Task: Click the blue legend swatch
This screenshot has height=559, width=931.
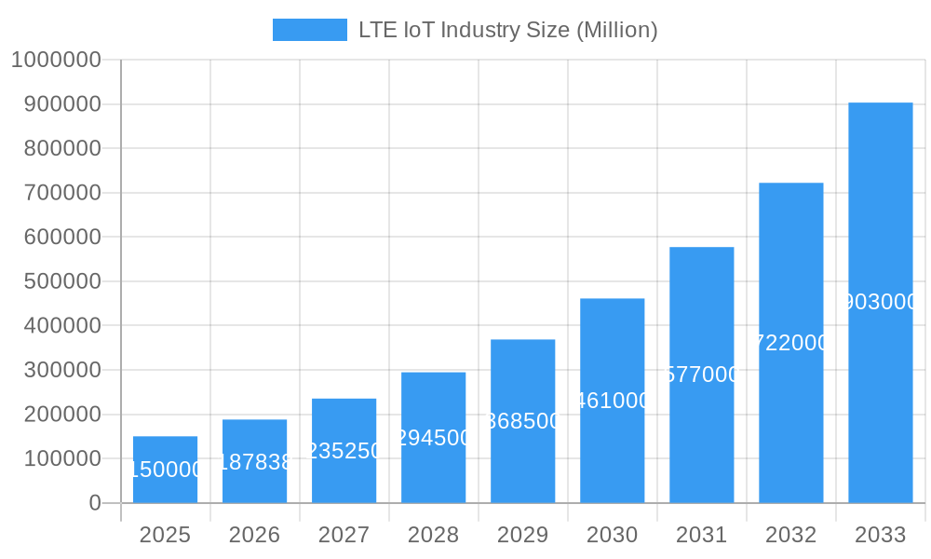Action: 309,30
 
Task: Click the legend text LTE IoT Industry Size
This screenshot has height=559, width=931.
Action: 507,30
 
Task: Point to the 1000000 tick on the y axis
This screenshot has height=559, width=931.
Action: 56,60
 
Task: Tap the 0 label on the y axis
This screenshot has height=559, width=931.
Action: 95,503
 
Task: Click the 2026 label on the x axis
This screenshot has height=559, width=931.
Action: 254,535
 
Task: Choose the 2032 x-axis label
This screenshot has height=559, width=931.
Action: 790,535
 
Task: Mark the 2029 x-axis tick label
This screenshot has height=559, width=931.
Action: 522,535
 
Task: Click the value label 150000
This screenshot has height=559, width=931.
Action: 165,470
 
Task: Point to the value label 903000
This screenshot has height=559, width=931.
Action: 880,302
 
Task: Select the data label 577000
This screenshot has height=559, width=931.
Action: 701,375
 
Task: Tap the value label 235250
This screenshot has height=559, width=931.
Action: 344,451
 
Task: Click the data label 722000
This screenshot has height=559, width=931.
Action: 790,343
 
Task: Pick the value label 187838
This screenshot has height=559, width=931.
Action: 254,462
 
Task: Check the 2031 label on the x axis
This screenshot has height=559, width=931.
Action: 701,535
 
